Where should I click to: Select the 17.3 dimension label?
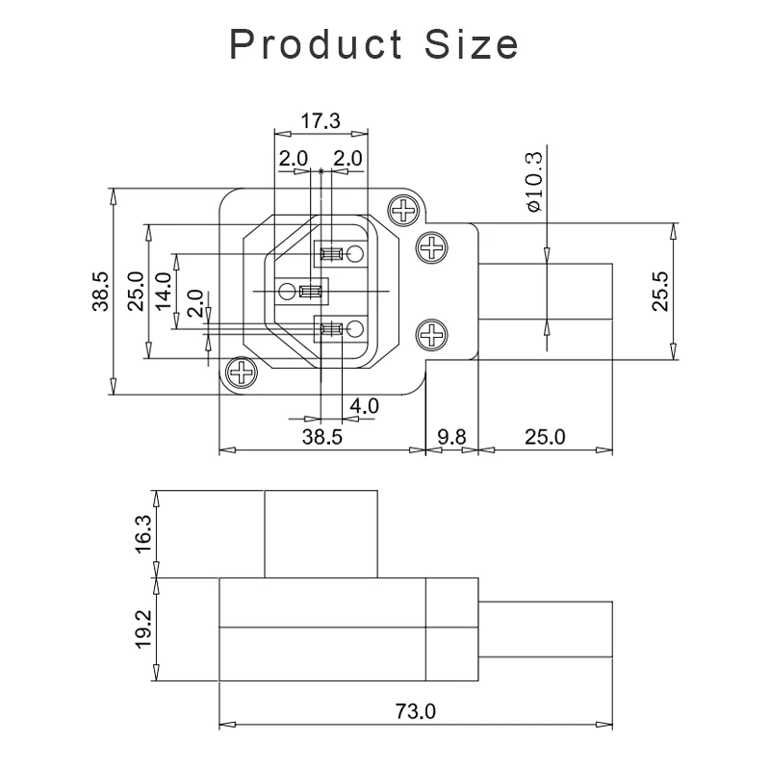pos(321,121)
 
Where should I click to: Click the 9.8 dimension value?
pos(450,436)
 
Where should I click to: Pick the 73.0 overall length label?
pos(416,712)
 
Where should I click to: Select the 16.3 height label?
pos(143,534)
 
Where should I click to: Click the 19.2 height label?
pos(143,627)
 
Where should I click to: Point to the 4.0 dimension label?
pos(364,406)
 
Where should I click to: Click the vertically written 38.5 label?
pos(100,291)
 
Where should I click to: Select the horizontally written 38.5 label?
pos(321,436)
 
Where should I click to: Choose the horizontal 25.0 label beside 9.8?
pos(545,436)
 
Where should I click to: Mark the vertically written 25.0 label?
pos(135,292)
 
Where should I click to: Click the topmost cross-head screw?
pos(403,209)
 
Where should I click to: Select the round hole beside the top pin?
pos(355,254)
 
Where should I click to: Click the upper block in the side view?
pos(321,533)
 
